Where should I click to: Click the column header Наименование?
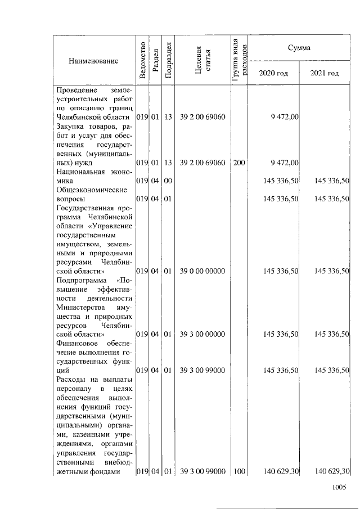pos(94,61)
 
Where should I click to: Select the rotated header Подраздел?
pos(168,61)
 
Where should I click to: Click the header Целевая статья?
pos(202,61)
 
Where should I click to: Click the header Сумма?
pos(299,48)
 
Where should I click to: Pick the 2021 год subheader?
pos(325,74)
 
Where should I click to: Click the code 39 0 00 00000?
pos(202,271)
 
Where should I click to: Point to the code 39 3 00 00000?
pos(202,334)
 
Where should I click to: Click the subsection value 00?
pos(168,181)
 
